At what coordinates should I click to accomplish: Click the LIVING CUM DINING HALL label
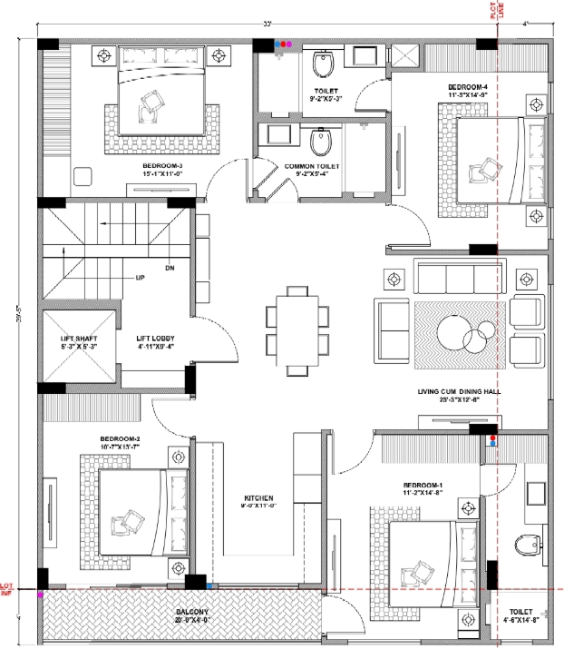pos(459,391)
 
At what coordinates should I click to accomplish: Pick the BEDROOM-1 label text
pos(423,487)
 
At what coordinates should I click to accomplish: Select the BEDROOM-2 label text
pos(120,439)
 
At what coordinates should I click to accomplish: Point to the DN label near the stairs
pos(170,269)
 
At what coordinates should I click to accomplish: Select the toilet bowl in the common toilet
pos(320,144)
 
